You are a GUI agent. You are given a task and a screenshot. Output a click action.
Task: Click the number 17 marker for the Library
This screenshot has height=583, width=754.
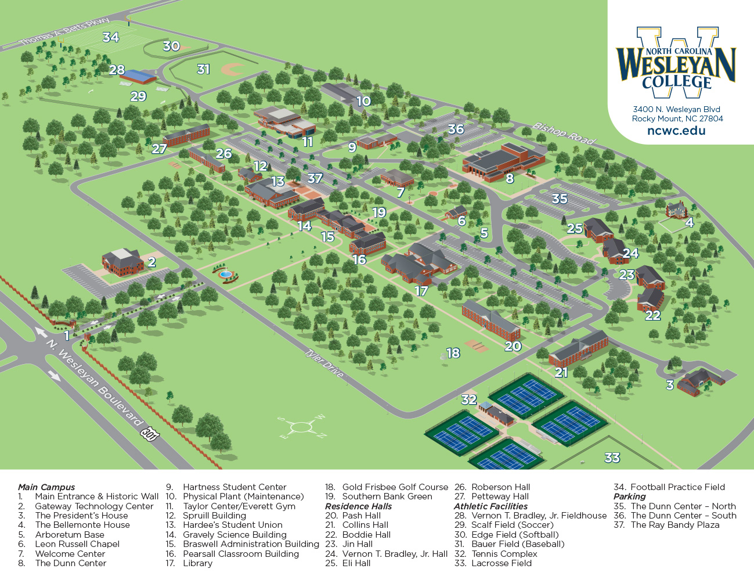[x=421, y=291]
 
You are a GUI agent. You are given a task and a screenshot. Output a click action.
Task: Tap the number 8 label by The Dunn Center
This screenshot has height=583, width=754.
[x=510, y=179]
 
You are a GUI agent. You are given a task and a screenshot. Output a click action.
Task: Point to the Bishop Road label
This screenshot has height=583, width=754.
[x=564, y=134]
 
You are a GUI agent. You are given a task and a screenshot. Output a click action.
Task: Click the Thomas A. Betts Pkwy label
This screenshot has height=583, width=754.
[x=64, y=32]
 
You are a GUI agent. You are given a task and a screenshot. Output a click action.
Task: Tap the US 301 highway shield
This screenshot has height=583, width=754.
[x=150, y=433]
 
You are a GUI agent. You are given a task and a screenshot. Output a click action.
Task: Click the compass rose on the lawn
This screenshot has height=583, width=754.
[x=301, y=428]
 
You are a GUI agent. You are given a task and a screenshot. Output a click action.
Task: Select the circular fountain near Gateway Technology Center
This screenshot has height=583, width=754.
[x=225, y=273]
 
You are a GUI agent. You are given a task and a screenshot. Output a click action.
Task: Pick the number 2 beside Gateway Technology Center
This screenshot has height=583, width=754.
[x=151, y=262]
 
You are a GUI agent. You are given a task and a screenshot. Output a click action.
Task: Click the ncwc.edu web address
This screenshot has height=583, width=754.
[x=676, y=131]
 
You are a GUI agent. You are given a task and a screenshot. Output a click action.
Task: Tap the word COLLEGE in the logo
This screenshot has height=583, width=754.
[x=676, y=82]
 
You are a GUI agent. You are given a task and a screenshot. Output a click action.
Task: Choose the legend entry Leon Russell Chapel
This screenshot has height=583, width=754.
[x=77, y=544]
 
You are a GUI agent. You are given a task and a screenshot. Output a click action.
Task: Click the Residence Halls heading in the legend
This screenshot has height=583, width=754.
[x=358, y=506]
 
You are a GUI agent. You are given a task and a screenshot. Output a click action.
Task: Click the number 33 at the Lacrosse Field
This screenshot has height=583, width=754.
[x=612, y=458]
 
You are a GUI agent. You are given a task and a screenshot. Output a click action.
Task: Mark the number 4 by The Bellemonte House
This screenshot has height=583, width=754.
[x=689, y=222]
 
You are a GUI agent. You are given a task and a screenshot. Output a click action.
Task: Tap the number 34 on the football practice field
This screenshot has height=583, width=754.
[x=110, y=37]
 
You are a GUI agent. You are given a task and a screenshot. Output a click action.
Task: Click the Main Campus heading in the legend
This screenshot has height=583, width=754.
[x=46, y=487]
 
